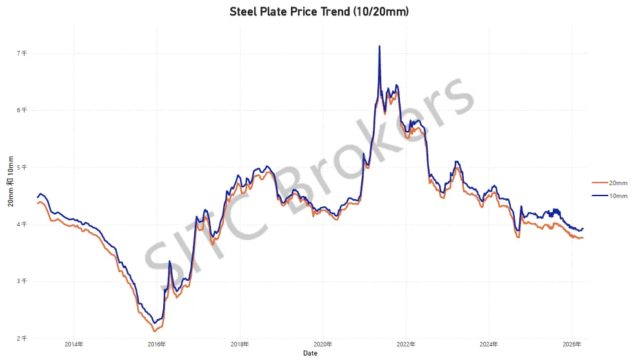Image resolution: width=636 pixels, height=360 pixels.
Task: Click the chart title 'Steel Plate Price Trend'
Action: pyautogui.click(x=290, y=12)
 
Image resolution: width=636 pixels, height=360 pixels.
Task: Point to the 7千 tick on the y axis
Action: pyautogui.click(x=22, y=53)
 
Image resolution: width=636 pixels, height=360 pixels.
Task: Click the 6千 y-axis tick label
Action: pyautogui.click(x=22, y=110)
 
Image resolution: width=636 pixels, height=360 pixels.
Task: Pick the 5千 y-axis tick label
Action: pyautogui.click(x=22, y=167)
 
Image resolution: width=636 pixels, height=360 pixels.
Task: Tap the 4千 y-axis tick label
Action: pyautogui.click(x=22, y=224)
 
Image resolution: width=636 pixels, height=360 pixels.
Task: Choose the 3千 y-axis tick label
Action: pyautogui.click(x=22, y=281)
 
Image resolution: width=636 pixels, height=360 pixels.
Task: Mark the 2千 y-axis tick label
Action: pyautogui.click(x=22, y=338)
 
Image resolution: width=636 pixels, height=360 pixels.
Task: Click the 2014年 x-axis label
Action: pyautogui.click(x=74, y=344)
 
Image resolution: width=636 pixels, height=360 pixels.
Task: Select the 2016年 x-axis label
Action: pyautogui.click(x=157, y=344)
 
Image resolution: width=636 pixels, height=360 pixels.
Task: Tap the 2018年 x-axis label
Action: pyautogui.click(x=240, y=344)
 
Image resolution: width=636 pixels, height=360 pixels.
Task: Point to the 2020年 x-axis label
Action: pyautogui.click(x=323, y=344)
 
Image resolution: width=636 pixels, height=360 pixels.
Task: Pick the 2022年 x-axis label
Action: pyautogui.click(x=406, y=344)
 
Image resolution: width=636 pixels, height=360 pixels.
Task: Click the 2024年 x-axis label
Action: pyautogui.click(x=489, y=344)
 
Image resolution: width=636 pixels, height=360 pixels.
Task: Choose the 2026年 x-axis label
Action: pyautogui.click(x=572, y=344)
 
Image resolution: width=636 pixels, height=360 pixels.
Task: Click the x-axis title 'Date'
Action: pyautogui.click(x=310, y=353)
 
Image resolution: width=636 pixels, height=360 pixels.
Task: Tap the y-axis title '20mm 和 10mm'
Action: pyautogui.click(x=10, y=181)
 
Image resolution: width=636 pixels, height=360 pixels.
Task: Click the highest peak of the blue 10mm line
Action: pyautogui.click(x=379, y=46)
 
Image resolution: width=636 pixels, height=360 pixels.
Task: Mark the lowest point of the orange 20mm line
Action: pyautogui.click(x=154, y=332)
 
